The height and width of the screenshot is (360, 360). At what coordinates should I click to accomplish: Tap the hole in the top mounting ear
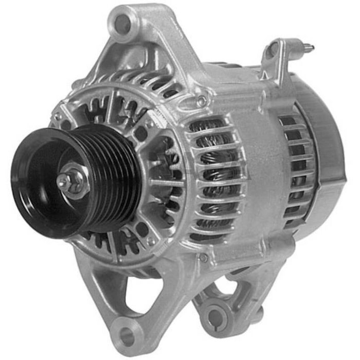pos(123,22)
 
